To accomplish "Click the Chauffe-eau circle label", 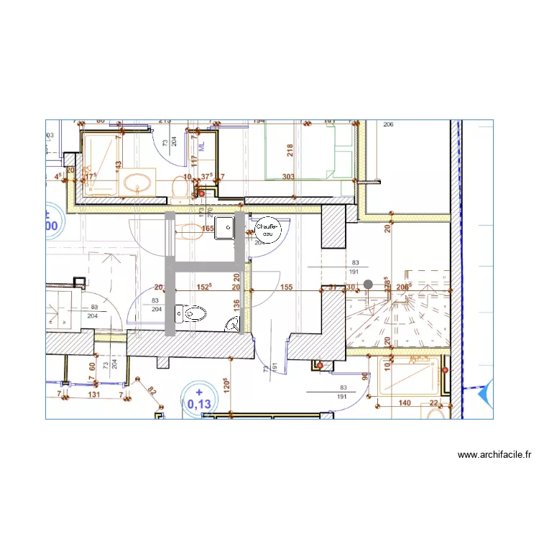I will tap(267, 229).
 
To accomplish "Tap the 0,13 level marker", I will tap(199, 400).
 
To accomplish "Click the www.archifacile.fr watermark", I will tap(494, 455).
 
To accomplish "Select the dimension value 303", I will tap(288, 177).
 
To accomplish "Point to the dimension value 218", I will tap(290, 150).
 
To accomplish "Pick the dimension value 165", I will tap(208, 229).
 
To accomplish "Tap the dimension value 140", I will tap(405, 403).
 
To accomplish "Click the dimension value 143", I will tap(119, 165).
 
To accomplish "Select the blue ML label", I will tap(203, 145).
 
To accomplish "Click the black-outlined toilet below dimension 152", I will tap(193, 313).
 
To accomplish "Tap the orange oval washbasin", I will tap(138, 182).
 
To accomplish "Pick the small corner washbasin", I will tap(234, 325).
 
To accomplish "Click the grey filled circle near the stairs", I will tap(368, 284).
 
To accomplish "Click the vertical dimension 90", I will tap(365, 376).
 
